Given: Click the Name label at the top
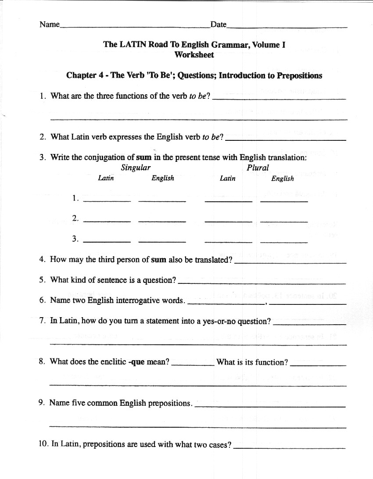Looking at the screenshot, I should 49,25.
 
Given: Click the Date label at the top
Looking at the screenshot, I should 218,25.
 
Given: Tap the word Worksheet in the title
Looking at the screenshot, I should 194,55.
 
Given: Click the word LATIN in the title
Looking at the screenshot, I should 133,44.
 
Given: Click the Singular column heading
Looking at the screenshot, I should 136,168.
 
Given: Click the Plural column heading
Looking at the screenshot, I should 258,168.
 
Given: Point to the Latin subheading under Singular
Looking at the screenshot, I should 106,178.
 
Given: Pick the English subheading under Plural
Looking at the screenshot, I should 283,179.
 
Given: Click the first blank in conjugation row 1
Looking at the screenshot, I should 107,201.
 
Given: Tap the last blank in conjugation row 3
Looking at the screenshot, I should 283,242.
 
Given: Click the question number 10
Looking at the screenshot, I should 43,444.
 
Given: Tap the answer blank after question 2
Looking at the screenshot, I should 285,139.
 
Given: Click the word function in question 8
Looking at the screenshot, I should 271,362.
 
